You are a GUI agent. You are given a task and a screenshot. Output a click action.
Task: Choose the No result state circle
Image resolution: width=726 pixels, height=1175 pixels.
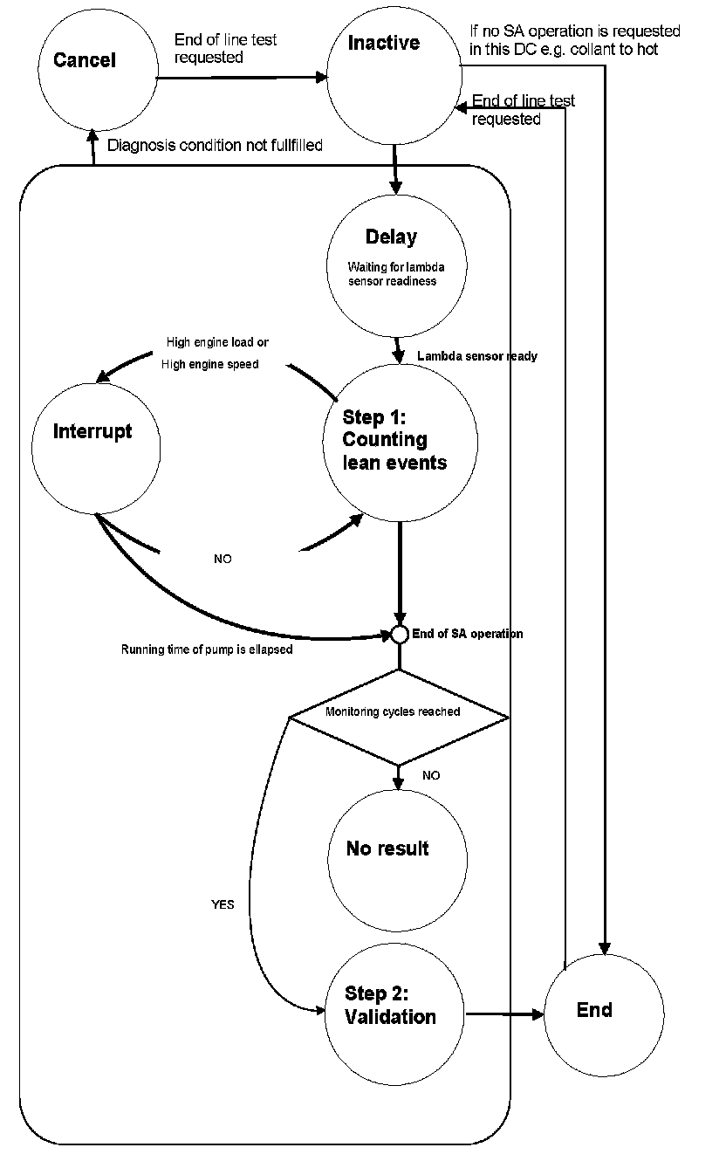coord(397,859)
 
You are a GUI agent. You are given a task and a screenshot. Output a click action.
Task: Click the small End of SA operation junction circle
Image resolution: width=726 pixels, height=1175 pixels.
coord(399,635)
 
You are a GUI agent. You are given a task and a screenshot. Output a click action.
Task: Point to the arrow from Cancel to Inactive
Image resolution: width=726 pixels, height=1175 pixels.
coord(241,78)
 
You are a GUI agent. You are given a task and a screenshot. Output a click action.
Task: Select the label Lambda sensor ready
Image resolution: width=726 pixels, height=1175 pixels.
coord(476,356)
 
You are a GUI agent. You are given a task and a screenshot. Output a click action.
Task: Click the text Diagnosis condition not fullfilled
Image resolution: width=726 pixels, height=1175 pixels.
coord(215,145)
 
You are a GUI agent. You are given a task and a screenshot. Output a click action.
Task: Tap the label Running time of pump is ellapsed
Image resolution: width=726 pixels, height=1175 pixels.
coord(207,649)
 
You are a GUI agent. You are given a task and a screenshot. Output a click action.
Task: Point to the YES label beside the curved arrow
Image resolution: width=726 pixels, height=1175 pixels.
coord(223,904)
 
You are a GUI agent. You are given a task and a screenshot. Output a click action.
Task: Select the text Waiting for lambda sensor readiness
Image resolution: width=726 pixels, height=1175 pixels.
coord(395,274)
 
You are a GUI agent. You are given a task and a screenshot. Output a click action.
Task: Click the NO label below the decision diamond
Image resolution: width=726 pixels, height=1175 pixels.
coord(431,775)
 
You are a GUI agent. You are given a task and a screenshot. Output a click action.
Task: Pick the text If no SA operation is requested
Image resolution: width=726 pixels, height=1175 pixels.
coord(575,31)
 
